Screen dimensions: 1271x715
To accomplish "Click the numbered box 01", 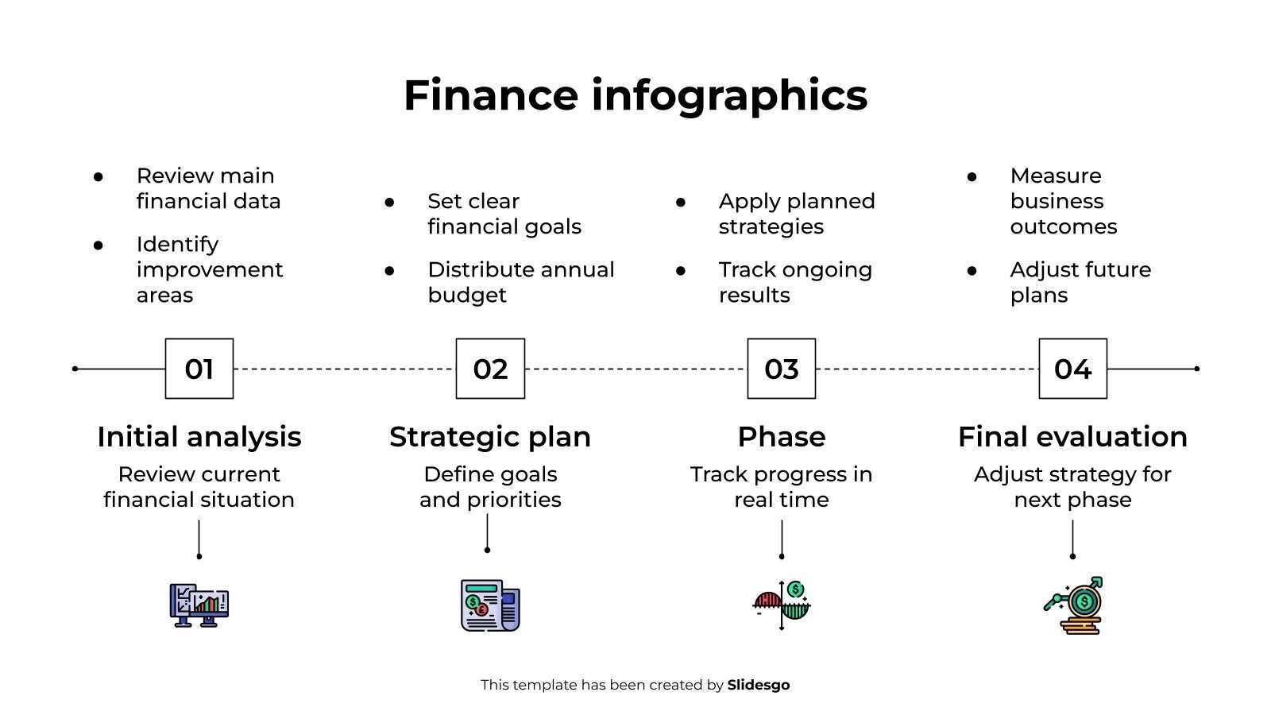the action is [199, 369].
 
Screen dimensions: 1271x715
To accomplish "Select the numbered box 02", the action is [490, 369].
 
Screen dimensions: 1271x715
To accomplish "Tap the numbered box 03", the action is [782, 369].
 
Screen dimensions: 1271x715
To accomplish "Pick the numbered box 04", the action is [1073, 369].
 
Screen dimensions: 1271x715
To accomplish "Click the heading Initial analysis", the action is [199, 437].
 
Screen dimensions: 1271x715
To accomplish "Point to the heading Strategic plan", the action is [490, 437].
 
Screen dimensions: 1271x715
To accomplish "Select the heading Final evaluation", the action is [1072, 437].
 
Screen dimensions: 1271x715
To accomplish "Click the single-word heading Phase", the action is [782, 437].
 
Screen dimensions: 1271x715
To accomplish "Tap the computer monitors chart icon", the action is [199, 605].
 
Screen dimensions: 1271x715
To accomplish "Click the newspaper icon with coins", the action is [490, 605].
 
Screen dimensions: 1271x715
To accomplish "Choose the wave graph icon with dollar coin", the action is [782, 605].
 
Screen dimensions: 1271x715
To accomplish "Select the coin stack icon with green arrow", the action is [1073, 605].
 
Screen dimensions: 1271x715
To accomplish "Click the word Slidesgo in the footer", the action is [758, 685].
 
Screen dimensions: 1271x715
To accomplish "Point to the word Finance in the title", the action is [491, 95].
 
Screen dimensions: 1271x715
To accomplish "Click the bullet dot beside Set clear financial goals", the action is [389, 202].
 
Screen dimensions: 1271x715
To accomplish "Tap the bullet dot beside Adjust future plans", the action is [972, 271].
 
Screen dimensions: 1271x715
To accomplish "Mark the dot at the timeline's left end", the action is [75, 369].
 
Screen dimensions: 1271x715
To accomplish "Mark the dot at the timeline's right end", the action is [1196, 369].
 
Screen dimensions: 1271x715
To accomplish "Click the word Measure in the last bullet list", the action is [1056, 176].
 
